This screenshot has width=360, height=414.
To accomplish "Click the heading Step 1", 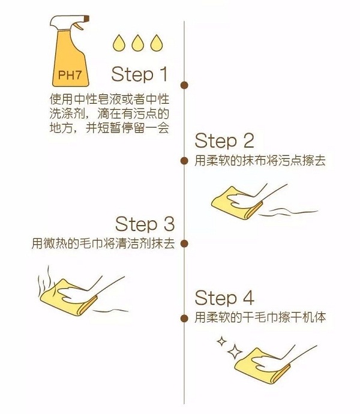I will coord(140,74).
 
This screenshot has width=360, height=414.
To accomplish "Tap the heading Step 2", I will coord(224,141).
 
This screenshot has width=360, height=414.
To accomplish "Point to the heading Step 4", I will coord(224,298).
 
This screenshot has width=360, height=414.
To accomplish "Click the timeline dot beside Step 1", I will coord(184,85).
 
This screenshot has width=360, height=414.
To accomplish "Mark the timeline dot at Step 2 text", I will coord(184,161).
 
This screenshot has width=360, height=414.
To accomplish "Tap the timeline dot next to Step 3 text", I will coord(184,244).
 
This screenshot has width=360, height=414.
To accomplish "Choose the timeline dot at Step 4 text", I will coord(184,317).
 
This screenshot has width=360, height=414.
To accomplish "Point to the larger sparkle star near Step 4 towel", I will coord(235,349).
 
